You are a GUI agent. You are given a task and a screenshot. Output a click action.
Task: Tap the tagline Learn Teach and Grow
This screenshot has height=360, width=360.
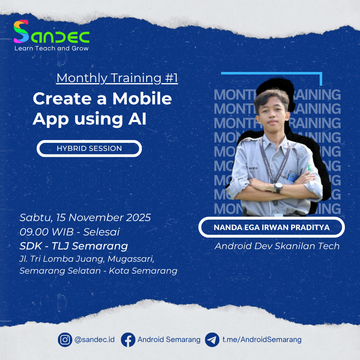coord(51,48)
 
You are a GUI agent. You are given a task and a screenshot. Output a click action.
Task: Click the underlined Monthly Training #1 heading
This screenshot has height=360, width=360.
coord(117,78)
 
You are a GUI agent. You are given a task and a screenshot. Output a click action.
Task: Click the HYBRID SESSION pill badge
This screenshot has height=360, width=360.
coord(89,148)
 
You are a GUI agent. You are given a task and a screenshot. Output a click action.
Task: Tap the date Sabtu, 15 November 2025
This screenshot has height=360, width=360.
coord(85,218)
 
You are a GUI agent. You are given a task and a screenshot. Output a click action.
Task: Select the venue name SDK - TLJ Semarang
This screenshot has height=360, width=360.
coord(74,246)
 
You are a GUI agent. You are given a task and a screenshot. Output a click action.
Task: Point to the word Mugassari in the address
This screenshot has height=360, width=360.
coord(133,259)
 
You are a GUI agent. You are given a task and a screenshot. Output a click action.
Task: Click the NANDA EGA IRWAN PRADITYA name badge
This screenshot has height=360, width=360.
coord(271,228)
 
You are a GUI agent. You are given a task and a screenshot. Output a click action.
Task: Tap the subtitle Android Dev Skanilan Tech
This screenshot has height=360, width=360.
coord(277,246)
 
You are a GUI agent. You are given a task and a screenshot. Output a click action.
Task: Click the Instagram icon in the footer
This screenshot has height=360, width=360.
coord(65,339)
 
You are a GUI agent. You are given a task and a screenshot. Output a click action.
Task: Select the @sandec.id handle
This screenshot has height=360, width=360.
coord(94,339)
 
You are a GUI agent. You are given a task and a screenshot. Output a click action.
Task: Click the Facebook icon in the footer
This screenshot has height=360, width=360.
coord(128,339)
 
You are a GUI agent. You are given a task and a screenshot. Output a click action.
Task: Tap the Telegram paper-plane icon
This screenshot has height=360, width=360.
coord(212,339)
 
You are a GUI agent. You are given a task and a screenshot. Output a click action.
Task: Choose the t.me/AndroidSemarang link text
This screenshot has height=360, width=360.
coord(262,339)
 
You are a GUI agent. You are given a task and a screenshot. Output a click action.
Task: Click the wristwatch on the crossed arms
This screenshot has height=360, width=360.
coord(278,187)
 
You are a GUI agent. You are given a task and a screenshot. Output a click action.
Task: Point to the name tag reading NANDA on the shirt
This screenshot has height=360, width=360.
coord(253,167)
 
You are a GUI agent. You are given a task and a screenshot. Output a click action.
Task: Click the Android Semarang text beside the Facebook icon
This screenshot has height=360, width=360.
coord(169,339)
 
